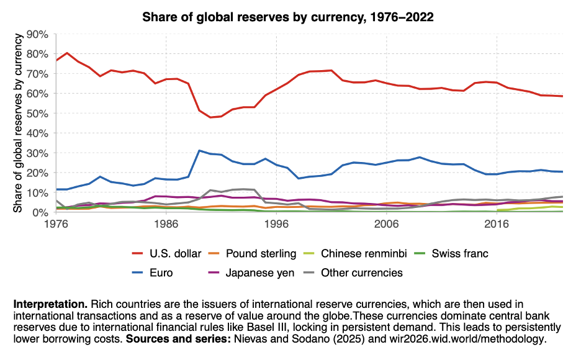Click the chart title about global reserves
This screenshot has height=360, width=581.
click(x=288, y=17)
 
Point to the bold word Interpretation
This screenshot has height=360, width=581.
click(x=50, y=305)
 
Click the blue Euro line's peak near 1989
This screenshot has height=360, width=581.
click(x=199, y=151)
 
